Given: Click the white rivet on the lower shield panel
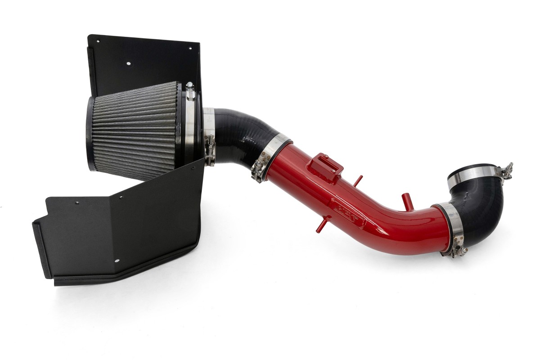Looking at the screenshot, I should click(116, 261).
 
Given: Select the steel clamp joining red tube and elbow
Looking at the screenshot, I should click(445, 225).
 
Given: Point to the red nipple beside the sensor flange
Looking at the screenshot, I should click(358, 180).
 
